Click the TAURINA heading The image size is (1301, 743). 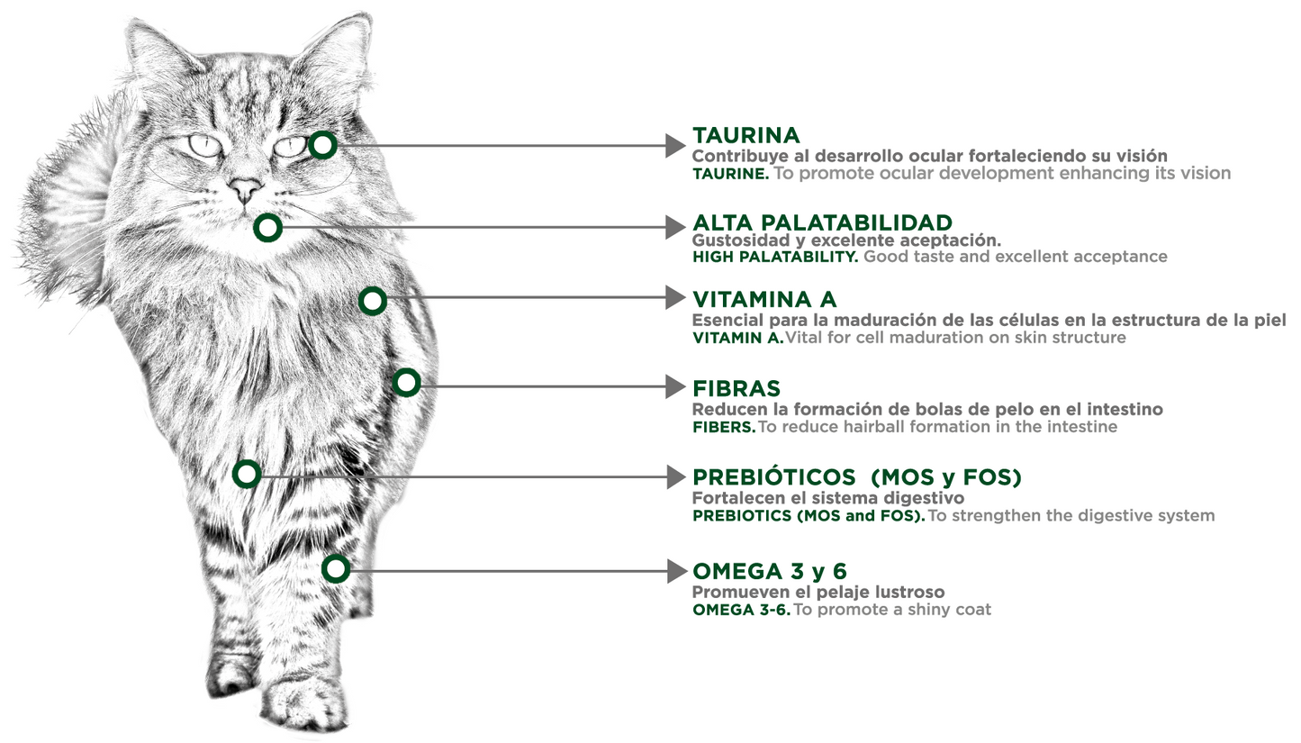745,136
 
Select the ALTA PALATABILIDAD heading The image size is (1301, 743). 822,222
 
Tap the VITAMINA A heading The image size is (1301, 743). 764,299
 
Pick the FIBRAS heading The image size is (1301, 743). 736,388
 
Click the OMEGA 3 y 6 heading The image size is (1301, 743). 770,571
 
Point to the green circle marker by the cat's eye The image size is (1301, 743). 322,144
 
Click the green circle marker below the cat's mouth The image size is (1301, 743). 267,228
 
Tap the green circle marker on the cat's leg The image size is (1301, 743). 336,568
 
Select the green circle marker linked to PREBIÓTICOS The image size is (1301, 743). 247,474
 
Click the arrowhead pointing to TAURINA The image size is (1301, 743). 675,145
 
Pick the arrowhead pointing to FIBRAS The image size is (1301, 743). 675,386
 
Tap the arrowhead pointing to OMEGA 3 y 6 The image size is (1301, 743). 675,570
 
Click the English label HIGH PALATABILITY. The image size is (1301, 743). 775,257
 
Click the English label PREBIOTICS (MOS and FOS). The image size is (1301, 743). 808,516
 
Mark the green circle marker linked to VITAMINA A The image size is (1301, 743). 372,301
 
